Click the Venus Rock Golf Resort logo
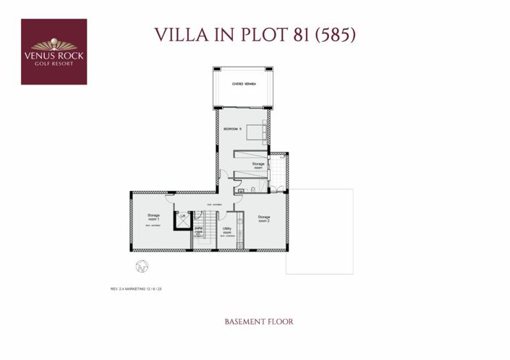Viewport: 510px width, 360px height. [54, 51]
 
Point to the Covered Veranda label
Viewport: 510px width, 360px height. [244, 84]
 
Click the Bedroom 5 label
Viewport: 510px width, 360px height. [231, 129]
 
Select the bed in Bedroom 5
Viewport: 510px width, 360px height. [257, 132]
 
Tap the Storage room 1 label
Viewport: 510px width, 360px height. [153, 217]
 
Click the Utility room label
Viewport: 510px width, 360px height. [227, 230]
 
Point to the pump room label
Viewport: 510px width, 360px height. [198, 231]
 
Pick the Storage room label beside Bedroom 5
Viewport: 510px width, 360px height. [258, 166]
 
